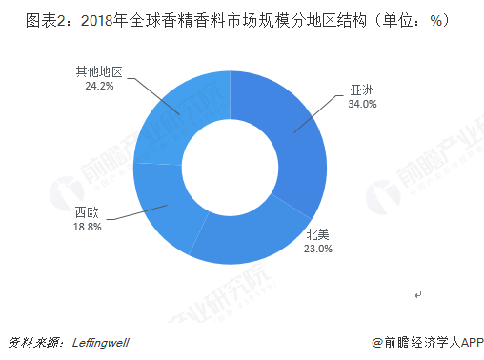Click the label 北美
(x=318, y=235)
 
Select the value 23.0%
(x=318, y=249)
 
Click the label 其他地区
(x=100, y=71)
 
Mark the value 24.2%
(x=100, y=85)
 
